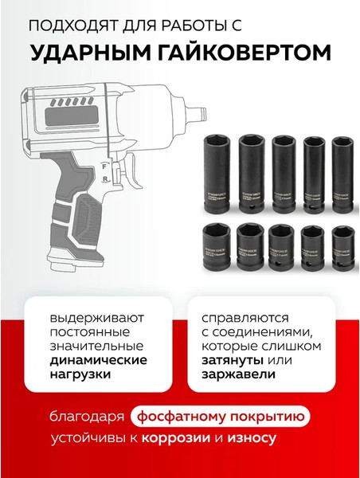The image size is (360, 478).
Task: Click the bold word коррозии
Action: point(183,438)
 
